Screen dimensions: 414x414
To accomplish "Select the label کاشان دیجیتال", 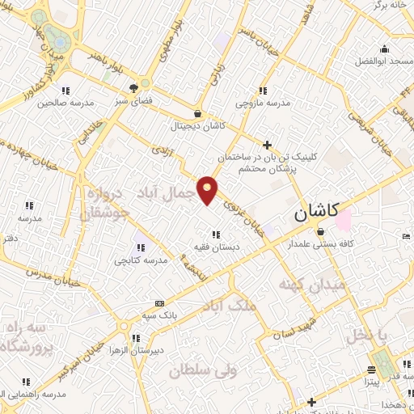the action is (198, 127).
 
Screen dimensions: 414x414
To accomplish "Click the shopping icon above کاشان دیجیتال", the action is (198, 114).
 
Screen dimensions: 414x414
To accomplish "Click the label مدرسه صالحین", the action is (65, 103).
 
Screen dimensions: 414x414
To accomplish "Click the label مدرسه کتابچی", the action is (140, 260).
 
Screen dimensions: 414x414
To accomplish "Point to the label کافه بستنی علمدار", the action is (321, 243).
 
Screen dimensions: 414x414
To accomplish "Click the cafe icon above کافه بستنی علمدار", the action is (321, 231).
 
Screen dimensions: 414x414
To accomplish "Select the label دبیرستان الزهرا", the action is (159, 350).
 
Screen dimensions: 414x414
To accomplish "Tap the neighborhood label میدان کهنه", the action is (312, 285).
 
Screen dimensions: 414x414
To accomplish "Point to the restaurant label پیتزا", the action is (367, 381).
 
